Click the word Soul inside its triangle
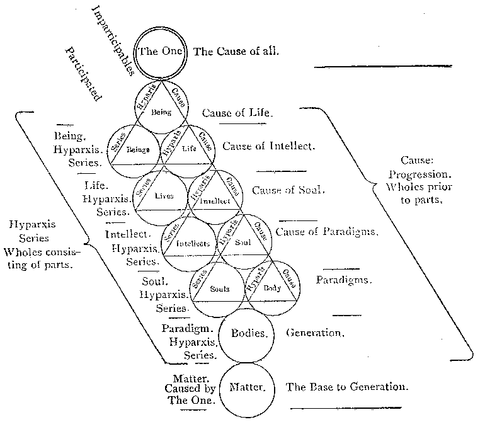click(243, 242)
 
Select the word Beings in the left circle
click(137, 151)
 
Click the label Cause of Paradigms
click(327, 232)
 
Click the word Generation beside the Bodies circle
click(314, 333)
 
